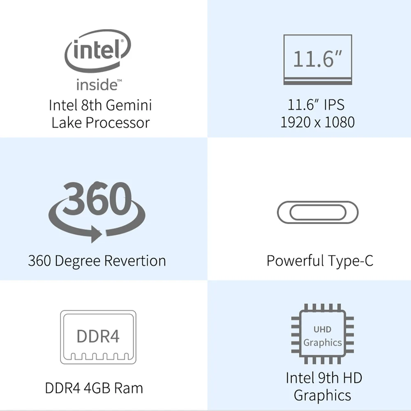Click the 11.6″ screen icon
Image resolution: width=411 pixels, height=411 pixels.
[318, 60]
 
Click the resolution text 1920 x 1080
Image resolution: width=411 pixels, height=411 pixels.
[317, 122]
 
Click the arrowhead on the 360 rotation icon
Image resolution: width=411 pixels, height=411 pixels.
[95, 235]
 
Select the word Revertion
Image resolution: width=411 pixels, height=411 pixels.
[135, 261]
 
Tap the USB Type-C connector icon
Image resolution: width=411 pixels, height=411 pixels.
[317, 212]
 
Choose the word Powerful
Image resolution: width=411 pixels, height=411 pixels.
[295, 261]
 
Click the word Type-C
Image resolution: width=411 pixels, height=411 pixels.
[351, 261]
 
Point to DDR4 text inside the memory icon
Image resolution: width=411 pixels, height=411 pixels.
[98, 336]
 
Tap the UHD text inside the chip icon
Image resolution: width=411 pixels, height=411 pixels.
[322, 329]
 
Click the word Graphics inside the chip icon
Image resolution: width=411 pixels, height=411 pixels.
[323, 342]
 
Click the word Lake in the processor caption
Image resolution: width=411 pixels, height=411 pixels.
[65, 122]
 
